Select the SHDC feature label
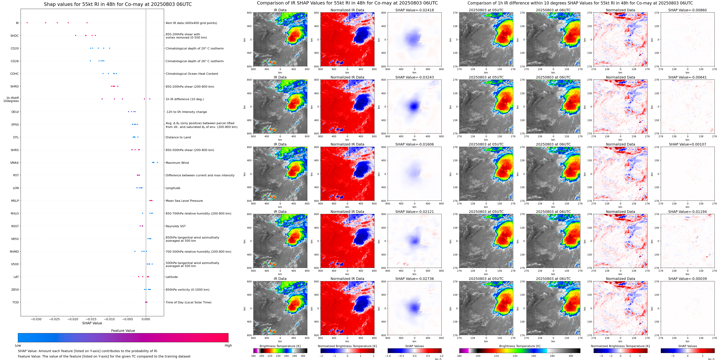coord(15,36)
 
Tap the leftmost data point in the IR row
coord(27,23)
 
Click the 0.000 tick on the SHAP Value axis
coord(146,319)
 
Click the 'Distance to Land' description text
coord(178,137)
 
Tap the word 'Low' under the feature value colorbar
coord(18,345)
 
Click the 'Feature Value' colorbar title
coord(123,331)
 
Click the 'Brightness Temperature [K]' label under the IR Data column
coord(280,346)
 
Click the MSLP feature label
coord(15,201)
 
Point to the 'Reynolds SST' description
coord(175,226)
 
